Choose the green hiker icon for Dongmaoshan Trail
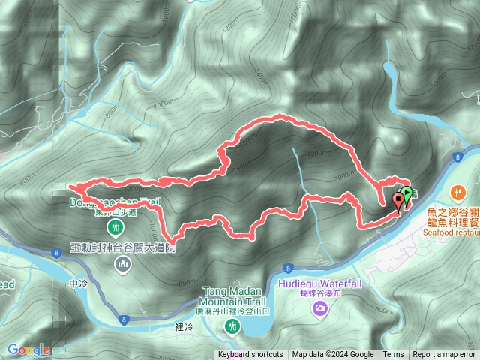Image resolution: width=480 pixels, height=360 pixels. point(115,226)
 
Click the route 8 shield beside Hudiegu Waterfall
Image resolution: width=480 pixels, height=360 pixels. point(288,268)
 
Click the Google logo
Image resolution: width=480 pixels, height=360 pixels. point(28,349)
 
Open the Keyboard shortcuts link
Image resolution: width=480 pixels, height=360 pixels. point(250,355)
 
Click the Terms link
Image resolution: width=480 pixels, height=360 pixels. point(393,355)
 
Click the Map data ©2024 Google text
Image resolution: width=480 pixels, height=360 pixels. point(332,355)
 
